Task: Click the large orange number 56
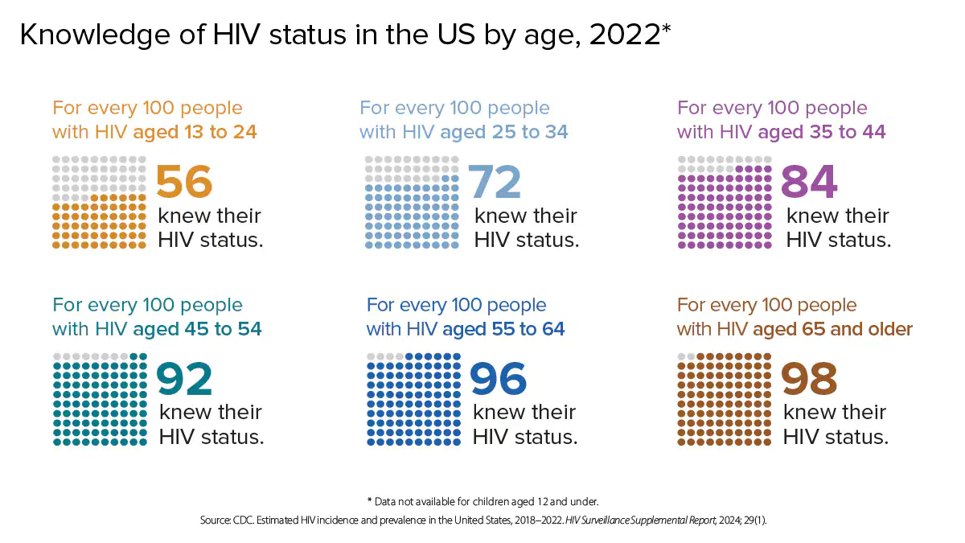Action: [184, 182]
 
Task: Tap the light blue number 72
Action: [495, 182]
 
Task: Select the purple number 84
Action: [809, 182]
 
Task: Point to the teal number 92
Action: [184, 379]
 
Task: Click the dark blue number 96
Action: [498, 379]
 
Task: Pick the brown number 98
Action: [809, 379]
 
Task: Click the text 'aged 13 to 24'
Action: [195, 132]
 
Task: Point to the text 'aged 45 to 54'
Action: [197, 329]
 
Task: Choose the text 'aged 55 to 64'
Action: [503, 329]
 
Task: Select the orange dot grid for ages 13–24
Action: [100, 202]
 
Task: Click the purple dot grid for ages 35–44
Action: [725, 202]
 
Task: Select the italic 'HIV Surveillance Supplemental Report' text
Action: [639, 520]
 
